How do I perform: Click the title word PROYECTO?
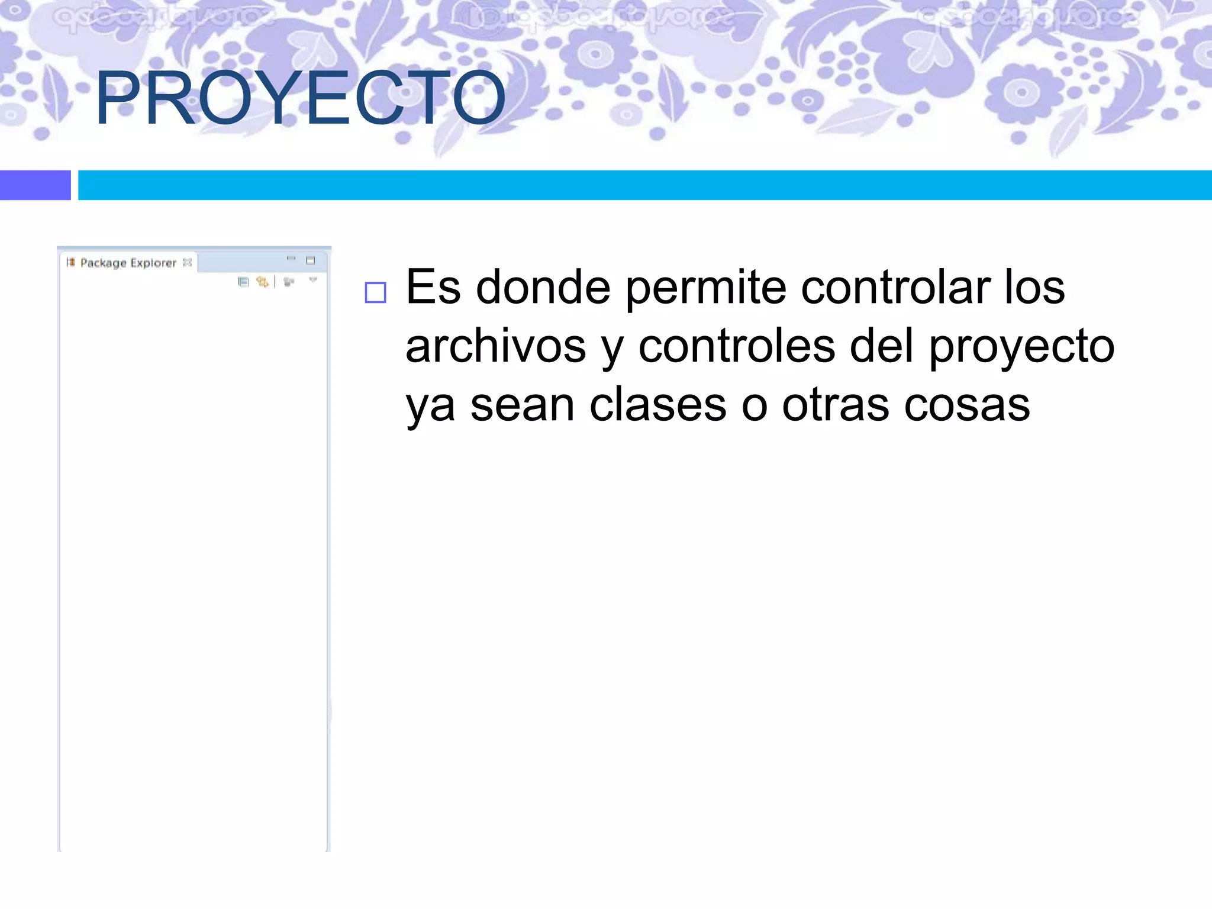tap(300, 98)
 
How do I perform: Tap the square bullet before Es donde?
tap(375, 292)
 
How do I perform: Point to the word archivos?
tap(495, 346)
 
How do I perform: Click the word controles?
tap(736, 346)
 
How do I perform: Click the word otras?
tap(835, 405)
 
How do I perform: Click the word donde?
tap(543, 287)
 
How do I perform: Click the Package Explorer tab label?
tap(128, 263)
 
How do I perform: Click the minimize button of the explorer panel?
tap(291, 259)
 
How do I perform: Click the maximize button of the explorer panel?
tap(311, 260)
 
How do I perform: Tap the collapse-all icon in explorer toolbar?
tap(243, 282)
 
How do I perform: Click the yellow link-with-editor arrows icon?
tap(262, 282)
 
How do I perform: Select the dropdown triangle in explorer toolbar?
tap(313, 279)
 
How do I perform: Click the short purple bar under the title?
tap(35, 185)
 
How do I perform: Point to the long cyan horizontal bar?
tap(644, 185)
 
